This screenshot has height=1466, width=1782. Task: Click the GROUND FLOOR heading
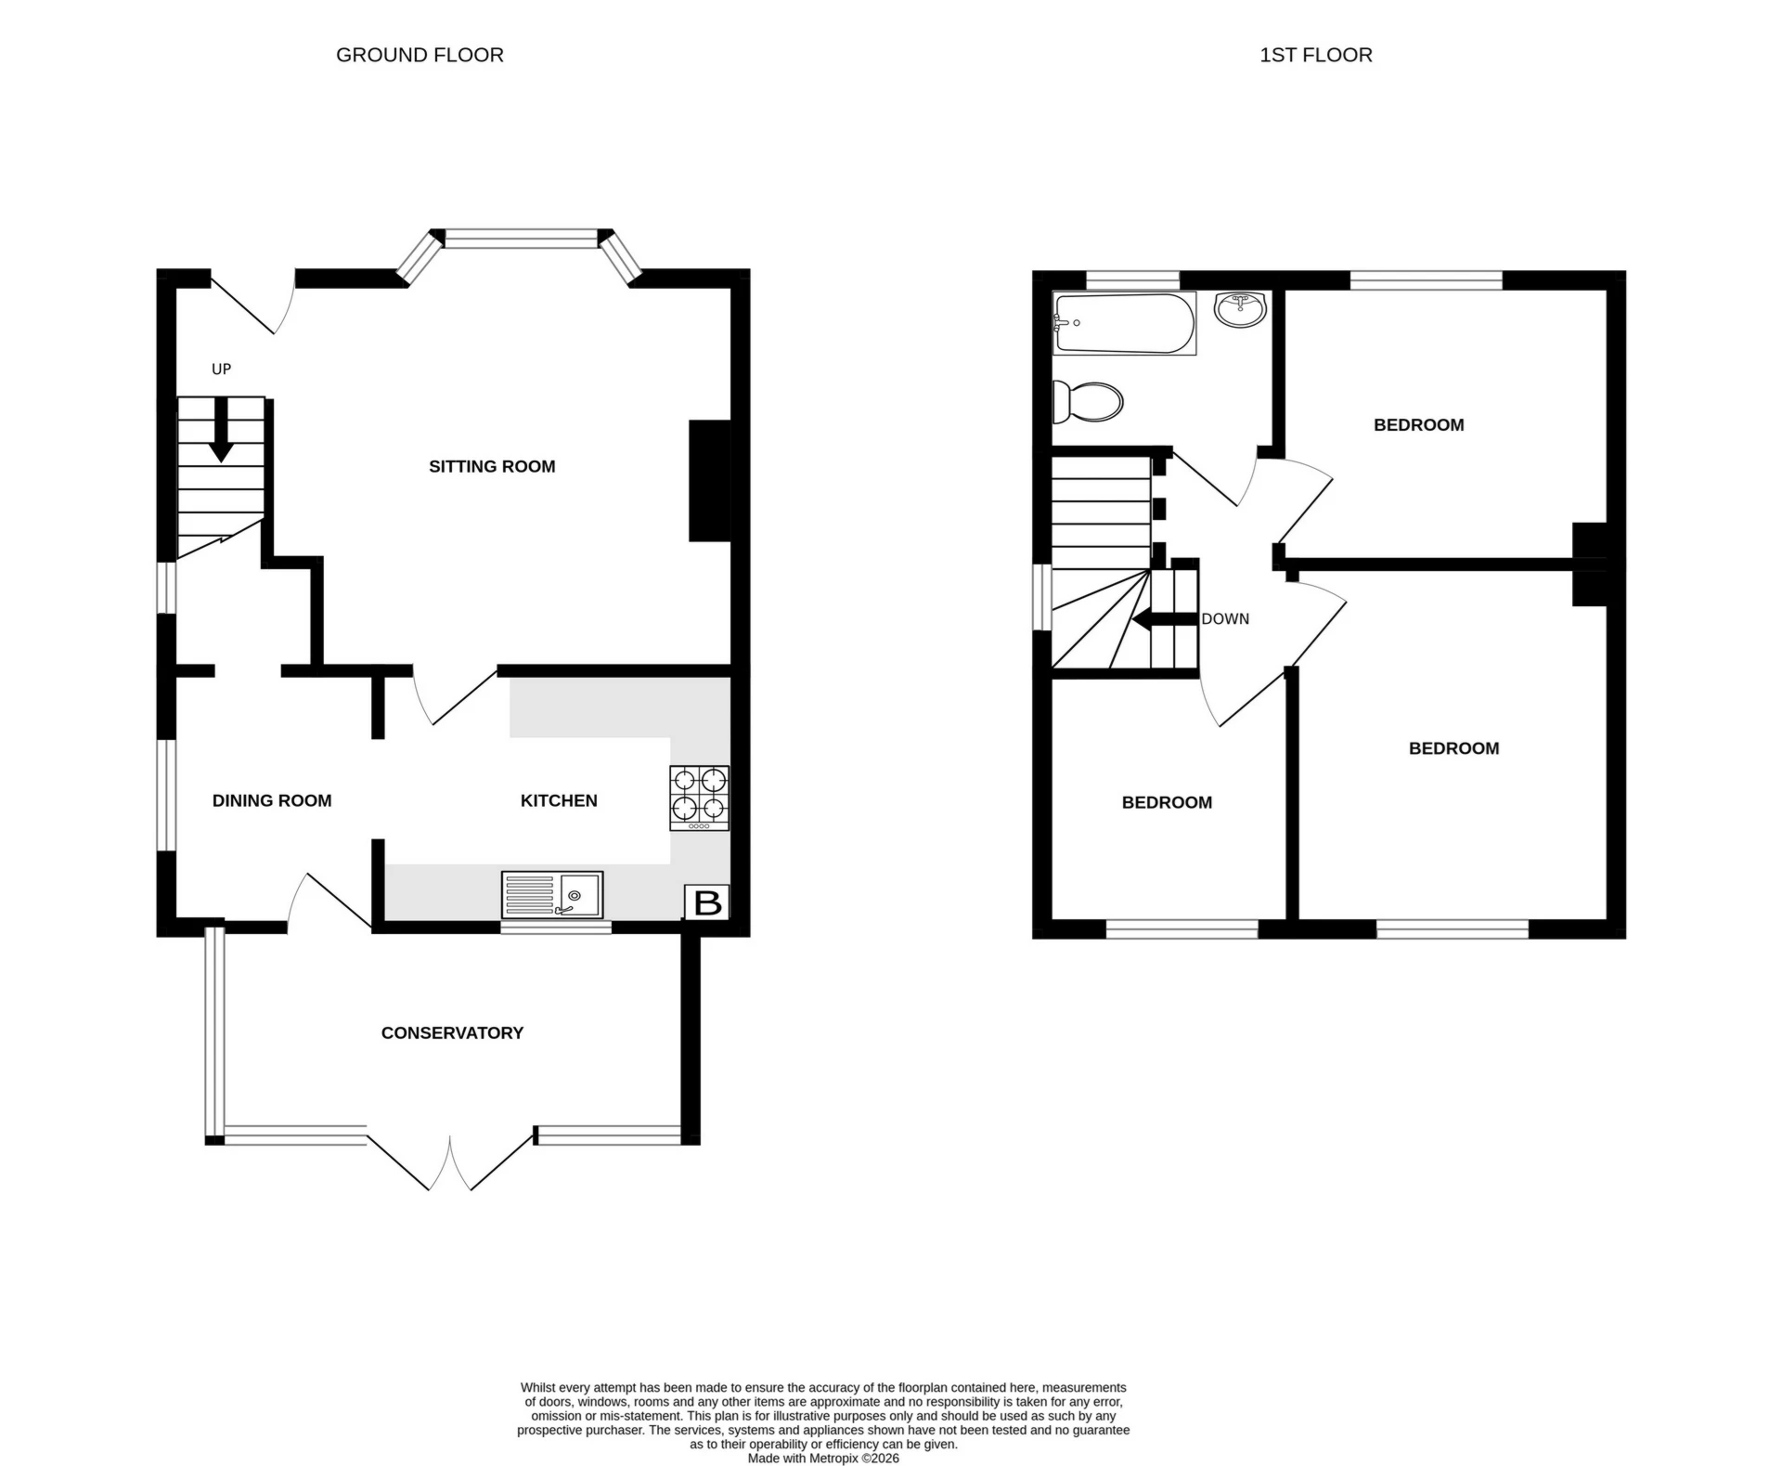pyautogui.click(x=420, y=55)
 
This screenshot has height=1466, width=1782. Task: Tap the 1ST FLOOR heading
pyautogui.click(x=1315, y=55)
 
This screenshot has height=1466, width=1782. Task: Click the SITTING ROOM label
pyautogui.click(x=492, y=466)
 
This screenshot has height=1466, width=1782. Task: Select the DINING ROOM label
pyautogui.click(x=272, y=800)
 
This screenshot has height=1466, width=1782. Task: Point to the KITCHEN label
pyautogui.click(x=559, y=800)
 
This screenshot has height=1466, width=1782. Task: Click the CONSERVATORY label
pyautogui.click(x=452, y=1032)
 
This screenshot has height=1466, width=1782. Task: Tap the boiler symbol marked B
pyautogui.click(x=707, y=902)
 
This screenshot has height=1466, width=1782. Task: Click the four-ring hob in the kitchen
pyautogui.click(x=699, y=798)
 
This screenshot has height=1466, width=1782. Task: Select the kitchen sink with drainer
pyautogui.click(x=552, y=895)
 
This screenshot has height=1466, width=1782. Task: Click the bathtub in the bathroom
pyautogui.click(x=1124, y=323)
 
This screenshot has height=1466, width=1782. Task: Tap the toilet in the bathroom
pyautogui.click(x=1088, y=402)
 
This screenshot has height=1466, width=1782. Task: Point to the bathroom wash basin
pyautogui.click(x=1241, y=309)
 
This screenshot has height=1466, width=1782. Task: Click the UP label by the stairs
pyautogui.click(x=221, y=369)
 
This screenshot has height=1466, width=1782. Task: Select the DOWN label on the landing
pyautogui.click(x=1225, y=618)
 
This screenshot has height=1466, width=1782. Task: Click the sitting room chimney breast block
pyautogui.click(x=710, y=481)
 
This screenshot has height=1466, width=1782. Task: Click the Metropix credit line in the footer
pyautogui.click(x=823, y=1458)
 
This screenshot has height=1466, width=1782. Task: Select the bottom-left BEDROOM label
pyautogui.click(x=1167, y=802)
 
